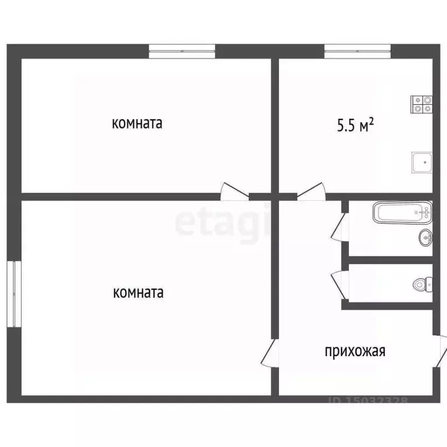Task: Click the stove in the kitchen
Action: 422,104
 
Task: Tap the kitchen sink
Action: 421,162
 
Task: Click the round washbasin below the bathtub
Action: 425,236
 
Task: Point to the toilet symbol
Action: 421,284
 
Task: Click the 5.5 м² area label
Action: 354,125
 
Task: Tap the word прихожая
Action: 355,351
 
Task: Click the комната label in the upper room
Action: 137,123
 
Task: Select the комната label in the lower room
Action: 137,292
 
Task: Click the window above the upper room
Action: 182,51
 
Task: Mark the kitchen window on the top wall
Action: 357,51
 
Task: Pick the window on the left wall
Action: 14,293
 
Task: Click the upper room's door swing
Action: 232,192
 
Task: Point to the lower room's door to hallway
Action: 269,353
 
